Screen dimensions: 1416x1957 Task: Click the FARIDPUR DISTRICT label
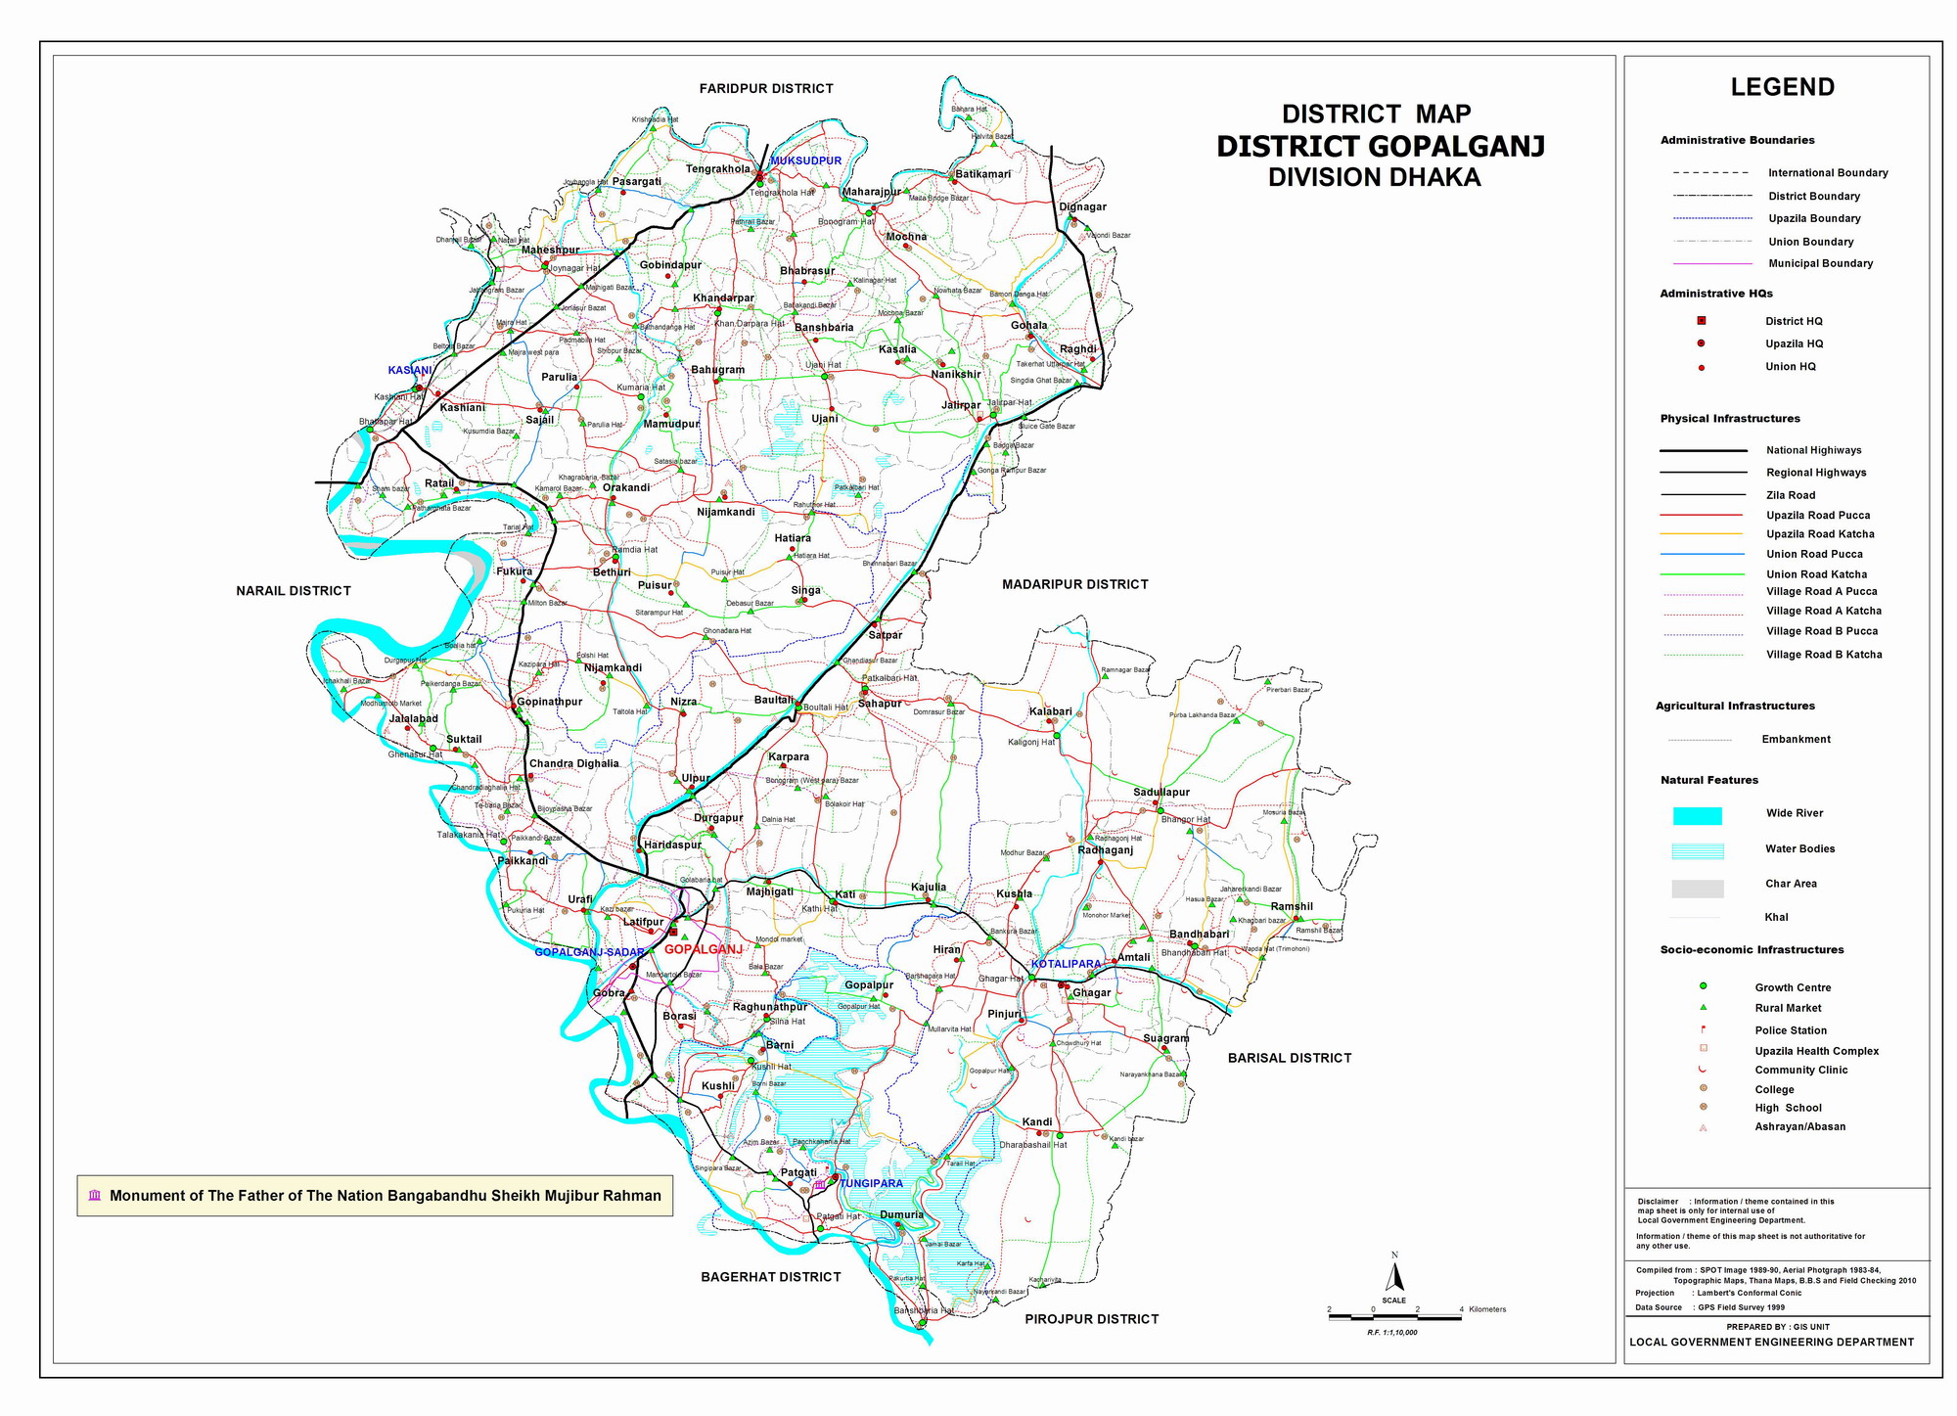tap(766, 88)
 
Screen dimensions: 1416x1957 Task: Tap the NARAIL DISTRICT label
tap(293, 591)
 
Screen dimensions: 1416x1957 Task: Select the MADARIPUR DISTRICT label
tap(1074, 584)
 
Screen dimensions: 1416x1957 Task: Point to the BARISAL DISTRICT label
tap(1289, 1058)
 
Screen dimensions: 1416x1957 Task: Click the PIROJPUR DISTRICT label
tap(1091, 1319)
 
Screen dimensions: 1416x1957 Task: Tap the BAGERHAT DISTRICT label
tap(770, 1277)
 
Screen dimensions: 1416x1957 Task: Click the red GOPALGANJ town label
tap(703, 949)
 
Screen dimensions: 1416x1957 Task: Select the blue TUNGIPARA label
tap(871, 1184)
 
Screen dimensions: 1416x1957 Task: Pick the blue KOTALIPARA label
tap(1066, 964)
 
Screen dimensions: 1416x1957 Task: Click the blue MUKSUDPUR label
tap(805, 160)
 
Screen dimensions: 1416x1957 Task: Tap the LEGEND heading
tap(1782, 87)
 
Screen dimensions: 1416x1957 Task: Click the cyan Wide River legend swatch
tap(1697, 815)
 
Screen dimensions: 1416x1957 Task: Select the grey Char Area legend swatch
tap(1697, 888)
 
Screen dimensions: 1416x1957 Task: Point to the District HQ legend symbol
tap(1701, 321)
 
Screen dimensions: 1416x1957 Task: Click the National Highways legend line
tap(1703, 450)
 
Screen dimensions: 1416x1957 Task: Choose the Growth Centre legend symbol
tap(1703, 986)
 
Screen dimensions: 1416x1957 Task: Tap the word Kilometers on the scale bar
tap(1486, 1309)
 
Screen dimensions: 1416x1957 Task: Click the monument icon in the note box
tap(95, 1196)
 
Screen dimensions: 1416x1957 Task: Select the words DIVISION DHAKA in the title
tap(1374, 177)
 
